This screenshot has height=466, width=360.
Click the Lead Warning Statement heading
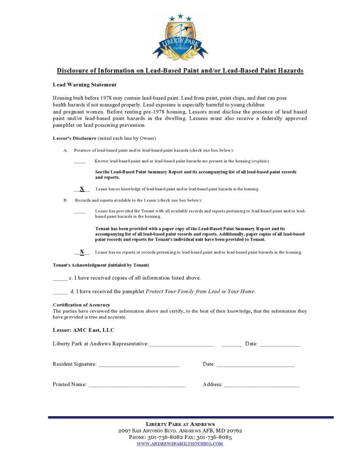84,85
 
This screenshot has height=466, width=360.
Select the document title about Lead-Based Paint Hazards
180,71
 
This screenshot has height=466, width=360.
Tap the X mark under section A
82,189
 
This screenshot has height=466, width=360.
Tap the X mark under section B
82,252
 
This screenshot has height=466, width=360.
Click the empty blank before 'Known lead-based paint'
80,162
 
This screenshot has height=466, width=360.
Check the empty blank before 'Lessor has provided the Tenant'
80,212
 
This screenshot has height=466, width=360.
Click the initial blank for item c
60,279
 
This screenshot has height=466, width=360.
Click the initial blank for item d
60,292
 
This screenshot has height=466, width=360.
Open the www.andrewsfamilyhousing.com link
180,444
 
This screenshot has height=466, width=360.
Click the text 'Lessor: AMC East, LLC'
83,330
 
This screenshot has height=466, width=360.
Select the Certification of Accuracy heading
81,305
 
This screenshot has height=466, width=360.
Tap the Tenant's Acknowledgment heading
101,265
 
